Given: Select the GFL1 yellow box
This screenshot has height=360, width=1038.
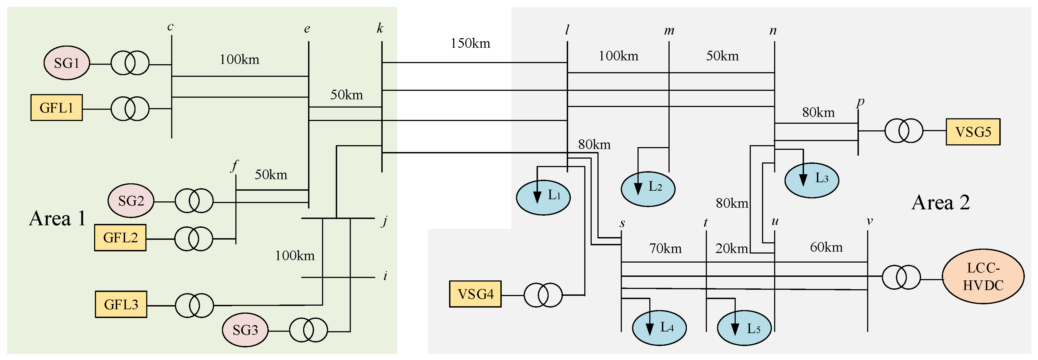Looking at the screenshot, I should coord(57,108).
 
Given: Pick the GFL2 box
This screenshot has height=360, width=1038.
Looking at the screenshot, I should coord(120,238).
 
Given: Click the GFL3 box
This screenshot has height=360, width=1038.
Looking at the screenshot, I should coord(121,304).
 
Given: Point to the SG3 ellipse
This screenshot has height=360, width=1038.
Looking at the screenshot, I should coord(245,330).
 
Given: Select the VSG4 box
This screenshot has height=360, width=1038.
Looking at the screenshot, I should coord(475,294).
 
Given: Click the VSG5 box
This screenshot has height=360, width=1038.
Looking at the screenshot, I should coord(973,132).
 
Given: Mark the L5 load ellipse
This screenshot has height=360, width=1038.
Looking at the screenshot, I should coord(744,328).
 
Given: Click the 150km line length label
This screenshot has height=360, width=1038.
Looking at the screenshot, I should coord(470,43).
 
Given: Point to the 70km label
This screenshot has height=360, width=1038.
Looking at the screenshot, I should coord(665,248).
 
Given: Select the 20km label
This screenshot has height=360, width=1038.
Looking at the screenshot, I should coord(731,248).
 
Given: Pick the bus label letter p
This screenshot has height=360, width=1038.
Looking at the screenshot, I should coord(860,101).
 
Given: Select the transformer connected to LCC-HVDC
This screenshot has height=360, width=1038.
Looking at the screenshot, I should coord(901,277).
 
